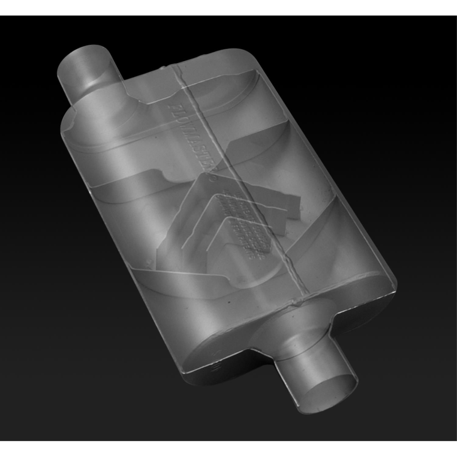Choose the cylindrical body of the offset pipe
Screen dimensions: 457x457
[88, 73]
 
